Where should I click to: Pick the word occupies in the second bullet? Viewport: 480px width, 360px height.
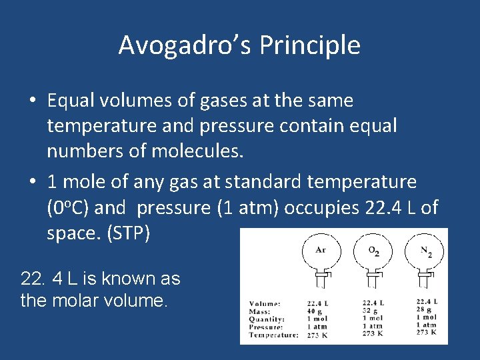pos(321,207)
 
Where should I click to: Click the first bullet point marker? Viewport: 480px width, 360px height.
pos(33,101)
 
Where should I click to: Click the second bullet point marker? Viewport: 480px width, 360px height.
pos(33,181)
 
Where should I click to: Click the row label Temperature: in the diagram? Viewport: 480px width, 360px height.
pos(273,335)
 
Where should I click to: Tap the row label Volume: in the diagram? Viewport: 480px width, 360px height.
pos(265,303)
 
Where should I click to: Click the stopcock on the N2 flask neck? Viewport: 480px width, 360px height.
pos(427,275)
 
